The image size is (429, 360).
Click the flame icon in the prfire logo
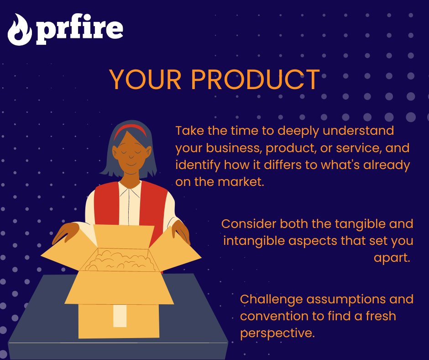click(x=19, y=29)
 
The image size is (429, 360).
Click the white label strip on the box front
click(x=120, y=315)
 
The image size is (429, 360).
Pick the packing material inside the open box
click(x=120, y=260)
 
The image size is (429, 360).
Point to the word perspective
click(x=277, y=333)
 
